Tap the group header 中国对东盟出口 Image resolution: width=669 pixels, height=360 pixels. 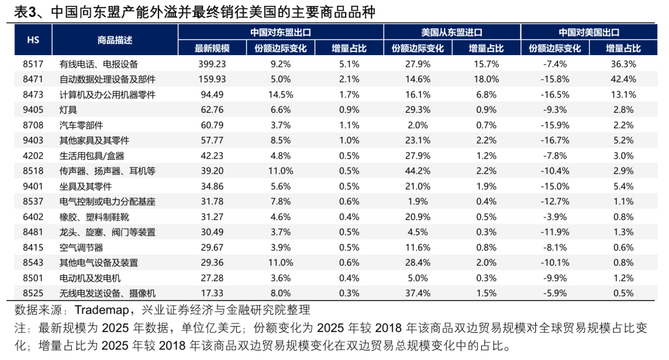(x=280, y=33)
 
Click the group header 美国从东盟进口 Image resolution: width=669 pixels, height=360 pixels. (x=452, y=33)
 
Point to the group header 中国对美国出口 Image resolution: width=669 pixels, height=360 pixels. (x=588, y=33)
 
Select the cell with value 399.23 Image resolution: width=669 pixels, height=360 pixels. (x=212, y=64)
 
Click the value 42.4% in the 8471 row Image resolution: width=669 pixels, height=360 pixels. (x=623, y=79)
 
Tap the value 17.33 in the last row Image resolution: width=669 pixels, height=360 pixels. (x=212, y=293)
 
